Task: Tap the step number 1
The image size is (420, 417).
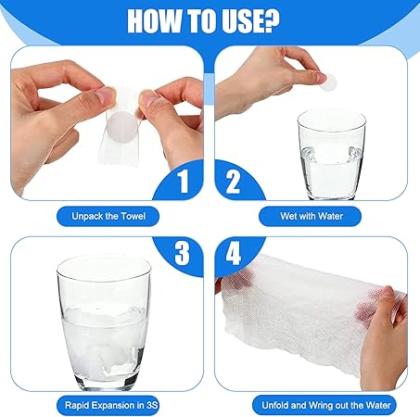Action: click(184, 182)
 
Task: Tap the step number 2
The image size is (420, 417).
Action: click(233, 182)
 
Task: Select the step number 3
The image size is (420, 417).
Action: click(182, 253)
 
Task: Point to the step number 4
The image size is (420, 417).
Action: click(234, 253)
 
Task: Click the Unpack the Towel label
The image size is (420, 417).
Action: click(108, 216)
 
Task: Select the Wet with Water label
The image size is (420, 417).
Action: click(312, 216)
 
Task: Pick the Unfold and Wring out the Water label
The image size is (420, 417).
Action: click(325, 405)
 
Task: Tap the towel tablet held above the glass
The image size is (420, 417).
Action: click(328, 82)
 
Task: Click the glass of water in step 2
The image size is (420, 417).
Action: click(331, 155)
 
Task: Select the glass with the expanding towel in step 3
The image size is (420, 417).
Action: click(104, 322)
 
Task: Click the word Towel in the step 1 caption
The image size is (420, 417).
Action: click(133, 216)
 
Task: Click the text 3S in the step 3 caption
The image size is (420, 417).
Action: click(152, 405)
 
